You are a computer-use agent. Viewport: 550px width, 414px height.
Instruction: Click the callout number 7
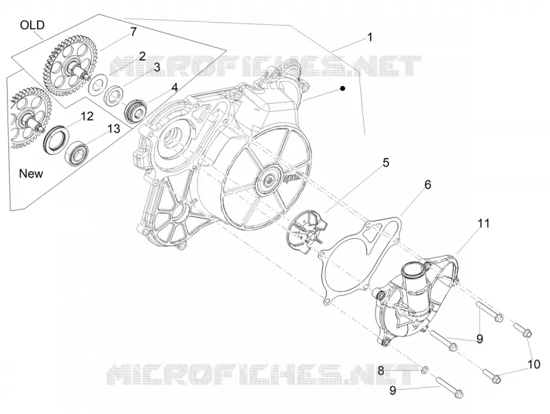133,32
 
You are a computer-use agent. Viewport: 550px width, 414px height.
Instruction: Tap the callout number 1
370,37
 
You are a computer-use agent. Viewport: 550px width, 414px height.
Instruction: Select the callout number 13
113,129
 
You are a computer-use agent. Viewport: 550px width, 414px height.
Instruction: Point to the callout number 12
87,116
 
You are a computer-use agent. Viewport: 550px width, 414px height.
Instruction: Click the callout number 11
484,223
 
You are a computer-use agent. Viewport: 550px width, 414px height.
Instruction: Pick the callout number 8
382,370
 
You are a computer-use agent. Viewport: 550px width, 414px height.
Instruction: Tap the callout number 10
534,364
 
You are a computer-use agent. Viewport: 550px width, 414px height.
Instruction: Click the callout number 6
428,184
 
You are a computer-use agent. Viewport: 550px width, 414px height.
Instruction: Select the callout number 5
386,163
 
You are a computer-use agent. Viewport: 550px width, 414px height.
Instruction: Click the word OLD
32,25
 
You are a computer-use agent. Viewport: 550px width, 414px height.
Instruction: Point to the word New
31,173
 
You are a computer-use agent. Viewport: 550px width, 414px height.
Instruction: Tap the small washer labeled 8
424,369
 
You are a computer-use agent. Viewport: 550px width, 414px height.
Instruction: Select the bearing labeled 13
77,153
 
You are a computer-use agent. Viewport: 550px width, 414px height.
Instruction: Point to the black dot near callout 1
342,89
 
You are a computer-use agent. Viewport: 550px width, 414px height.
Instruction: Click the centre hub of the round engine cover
269,180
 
